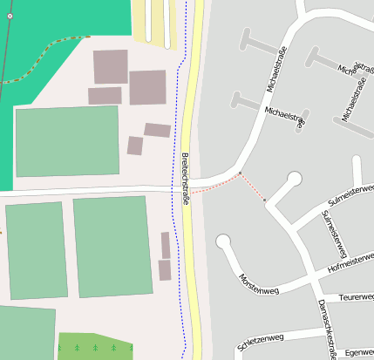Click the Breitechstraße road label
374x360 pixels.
coord(186,177)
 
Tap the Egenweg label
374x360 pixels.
coord(359,352)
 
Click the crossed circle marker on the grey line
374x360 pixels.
coord(10,17)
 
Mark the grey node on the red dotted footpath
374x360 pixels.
coord(264,200)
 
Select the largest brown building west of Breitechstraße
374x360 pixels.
coord(147,87)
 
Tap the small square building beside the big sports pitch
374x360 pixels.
coord(135,146)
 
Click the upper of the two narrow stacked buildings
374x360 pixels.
coord(166,245)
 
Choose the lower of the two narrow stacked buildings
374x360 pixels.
coord(165,270)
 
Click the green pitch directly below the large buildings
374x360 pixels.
coord(67,140)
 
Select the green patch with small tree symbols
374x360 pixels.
coord(95,347)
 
